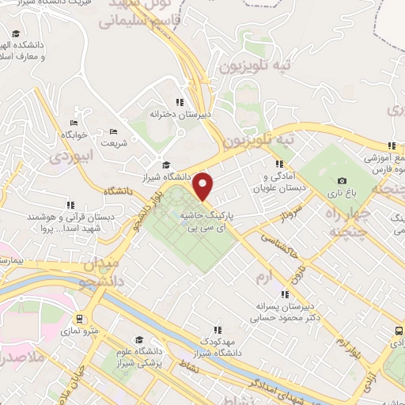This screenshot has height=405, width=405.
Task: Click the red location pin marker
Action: (x=204, y=187)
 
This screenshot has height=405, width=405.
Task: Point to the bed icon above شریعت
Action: (x=113, y=131)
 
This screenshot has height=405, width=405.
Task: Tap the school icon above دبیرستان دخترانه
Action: (x=180, y=102)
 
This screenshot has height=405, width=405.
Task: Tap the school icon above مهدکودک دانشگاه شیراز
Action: (x=216, y=331)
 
